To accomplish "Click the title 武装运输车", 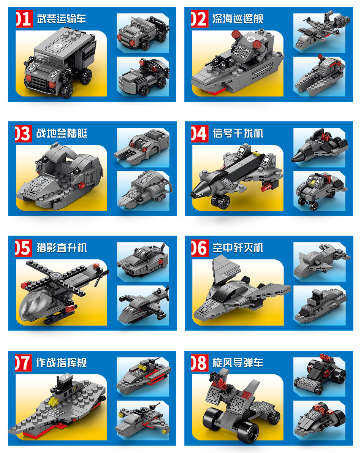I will [x=61, y=19].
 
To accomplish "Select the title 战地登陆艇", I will [x=62, y=133].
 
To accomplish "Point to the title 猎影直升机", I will [x=62, y=248].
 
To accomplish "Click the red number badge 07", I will [x=23, y=363].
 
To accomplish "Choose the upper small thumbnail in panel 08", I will [x=320, y=377].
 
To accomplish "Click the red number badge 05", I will [x=23, y=248].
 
